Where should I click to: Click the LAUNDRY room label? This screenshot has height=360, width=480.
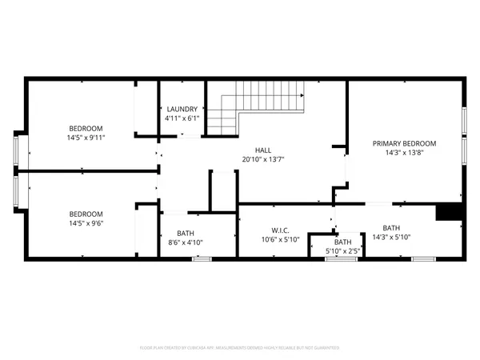point(182,109)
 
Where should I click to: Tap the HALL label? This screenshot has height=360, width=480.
point(263,150)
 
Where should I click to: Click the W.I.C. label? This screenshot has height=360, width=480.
point(279,230)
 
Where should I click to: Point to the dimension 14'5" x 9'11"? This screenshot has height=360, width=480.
point(87,138)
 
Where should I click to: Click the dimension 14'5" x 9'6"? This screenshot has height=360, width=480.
point(87,223)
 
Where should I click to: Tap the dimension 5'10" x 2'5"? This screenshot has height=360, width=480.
point(342,250)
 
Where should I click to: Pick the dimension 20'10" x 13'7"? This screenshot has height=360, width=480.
point(263,159)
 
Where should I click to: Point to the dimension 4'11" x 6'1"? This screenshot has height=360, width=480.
point(182,118)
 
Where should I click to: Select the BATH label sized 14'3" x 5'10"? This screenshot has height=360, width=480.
point(391,227)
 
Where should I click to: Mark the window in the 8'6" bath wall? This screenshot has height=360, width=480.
point(202,258)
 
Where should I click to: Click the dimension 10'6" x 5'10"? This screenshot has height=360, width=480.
point(279,239)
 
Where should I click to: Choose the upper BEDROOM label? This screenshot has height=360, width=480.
point(86,128)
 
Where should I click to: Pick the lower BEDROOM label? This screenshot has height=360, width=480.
point(86,214)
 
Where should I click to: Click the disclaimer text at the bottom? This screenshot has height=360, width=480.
point(240,348)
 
